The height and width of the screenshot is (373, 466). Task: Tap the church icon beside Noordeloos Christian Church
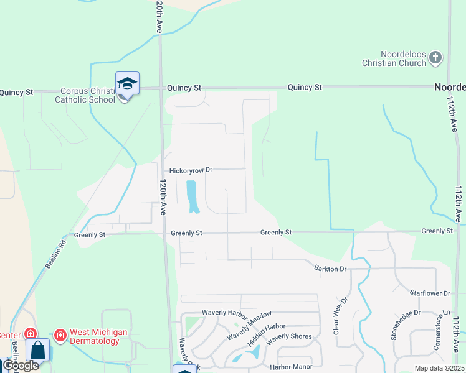[x=435, y=58]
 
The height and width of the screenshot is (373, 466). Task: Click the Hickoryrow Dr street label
[x=191, y=170]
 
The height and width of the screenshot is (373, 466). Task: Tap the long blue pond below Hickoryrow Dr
[x=192, y=196]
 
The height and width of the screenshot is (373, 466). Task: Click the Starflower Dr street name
[x=430, y=293]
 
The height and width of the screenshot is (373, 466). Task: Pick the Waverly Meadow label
[x=249, y=325]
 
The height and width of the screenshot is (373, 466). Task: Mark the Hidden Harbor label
[x=265, y=334]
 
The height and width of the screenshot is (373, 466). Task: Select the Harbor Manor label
[x=291, y=367]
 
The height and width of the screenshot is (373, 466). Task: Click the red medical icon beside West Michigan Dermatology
[x=60, y=336]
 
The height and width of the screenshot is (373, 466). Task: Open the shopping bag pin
[x=37, y=350]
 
